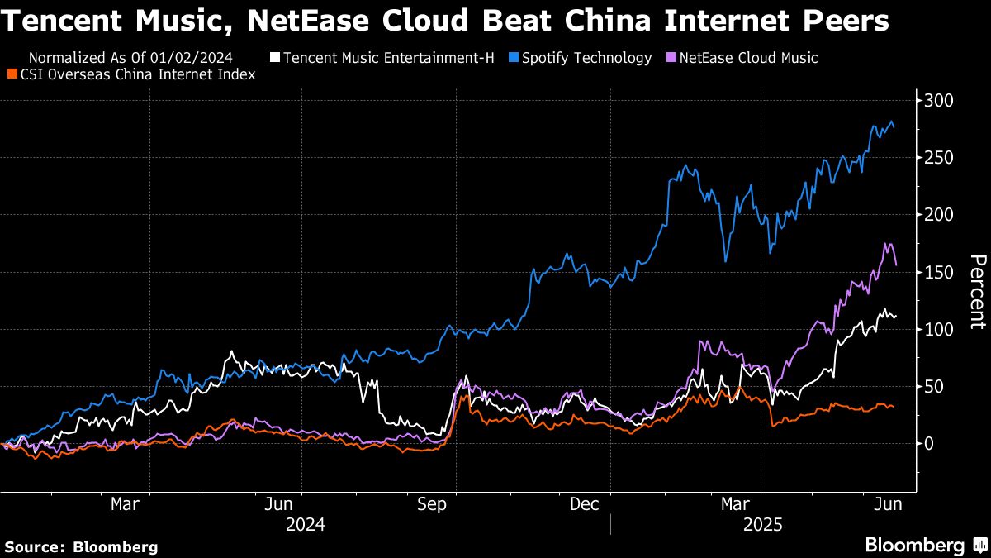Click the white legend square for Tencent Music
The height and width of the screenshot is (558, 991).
(275, 59)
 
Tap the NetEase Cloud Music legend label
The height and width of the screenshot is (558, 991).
(747, 58)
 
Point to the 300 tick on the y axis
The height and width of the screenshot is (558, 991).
(939, 101)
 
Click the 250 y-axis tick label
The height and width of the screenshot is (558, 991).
(939, 158)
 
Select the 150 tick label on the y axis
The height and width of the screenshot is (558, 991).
(939, 272)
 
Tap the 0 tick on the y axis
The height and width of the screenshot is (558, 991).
(928, 443)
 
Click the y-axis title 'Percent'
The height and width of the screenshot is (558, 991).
(977, 293)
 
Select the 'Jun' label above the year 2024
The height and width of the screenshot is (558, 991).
(279, 503)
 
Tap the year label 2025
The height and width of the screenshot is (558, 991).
(765, 524)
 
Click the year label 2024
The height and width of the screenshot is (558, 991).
(306, 524)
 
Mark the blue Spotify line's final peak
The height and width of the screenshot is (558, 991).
(891, 122)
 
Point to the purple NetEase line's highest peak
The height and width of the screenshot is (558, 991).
(886, 244)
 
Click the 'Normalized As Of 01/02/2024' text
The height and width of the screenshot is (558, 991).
(130, 58)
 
